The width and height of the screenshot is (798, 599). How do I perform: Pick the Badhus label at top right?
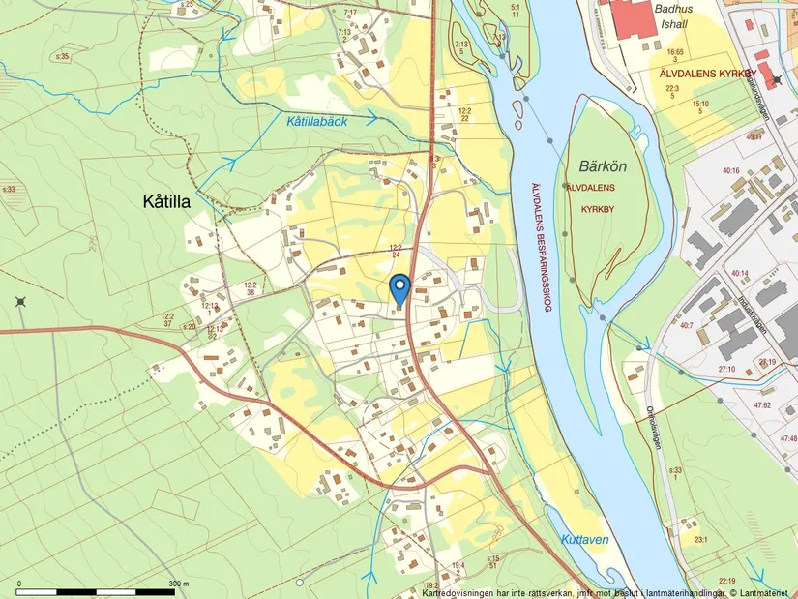674,8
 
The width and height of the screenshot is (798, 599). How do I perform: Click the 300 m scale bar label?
178,584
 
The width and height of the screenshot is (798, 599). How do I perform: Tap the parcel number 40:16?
730,171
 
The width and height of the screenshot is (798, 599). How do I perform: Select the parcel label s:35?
63,57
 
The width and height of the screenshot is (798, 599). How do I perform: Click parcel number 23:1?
700,540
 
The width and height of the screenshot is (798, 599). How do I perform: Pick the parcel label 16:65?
675,51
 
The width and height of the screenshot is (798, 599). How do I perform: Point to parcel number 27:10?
725,369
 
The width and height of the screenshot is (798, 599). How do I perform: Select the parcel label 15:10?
699,104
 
